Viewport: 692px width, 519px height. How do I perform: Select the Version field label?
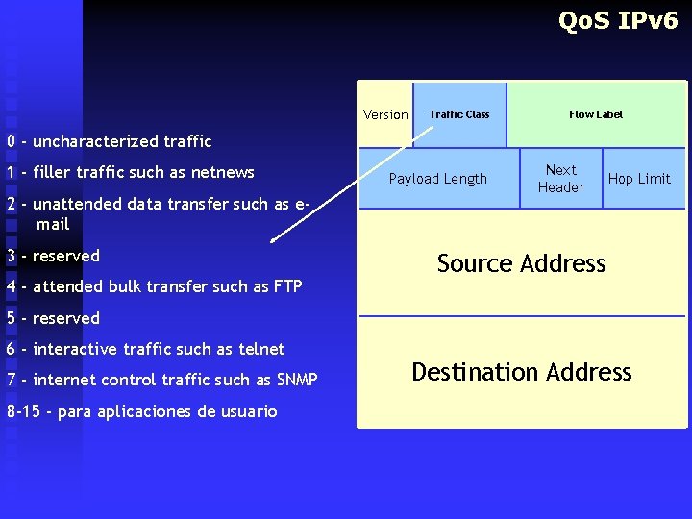pyautogui.click(x=385, y=114)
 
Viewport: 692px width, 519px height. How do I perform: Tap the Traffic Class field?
pyautogui.click(x=459, y=114)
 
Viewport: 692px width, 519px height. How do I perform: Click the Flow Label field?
pyautogui.click(x=596, y=114)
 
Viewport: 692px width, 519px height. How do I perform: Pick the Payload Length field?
pyautogui.click(x=438, y=179)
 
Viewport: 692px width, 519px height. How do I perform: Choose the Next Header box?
pyautogui.click(x=561, y=179)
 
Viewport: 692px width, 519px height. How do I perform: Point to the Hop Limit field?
pyautogui.click(x=639, y=179)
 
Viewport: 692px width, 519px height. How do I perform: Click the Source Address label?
pyautogui.click(x=522, y=263)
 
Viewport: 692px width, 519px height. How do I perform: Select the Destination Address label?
pyautogui.click(x=522, y=372)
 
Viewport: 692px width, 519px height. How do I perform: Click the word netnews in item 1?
pyautogui.click(x=223, y=173)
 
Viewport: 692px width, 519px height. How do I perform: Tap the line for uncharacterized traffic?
pyautogui.click(x=109, y=141)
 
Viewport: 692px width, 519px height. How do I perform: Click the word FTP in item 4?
pyautogui.click(x=287, y=286)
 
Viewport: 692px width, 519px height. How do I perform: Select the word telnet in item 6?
pyautogui.click(x=262, y=349)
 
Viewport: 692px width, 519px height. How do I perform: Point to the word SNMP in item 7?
pyautogui.click(x=297, y=380)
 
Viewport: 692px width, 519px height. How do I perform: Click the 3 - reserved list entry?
pyautogui.click(x=53, y=256)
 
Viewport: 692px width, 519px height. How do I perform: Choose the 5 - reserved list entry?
pyautogui.click(x=53, y=318)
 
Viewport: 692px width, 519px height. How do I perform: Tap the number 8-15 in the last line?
pyautogui.click(x=24, y=411)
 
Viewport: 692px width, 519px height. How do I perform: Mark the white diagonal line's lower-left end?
pyautogui.click(x=271, y=241)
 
